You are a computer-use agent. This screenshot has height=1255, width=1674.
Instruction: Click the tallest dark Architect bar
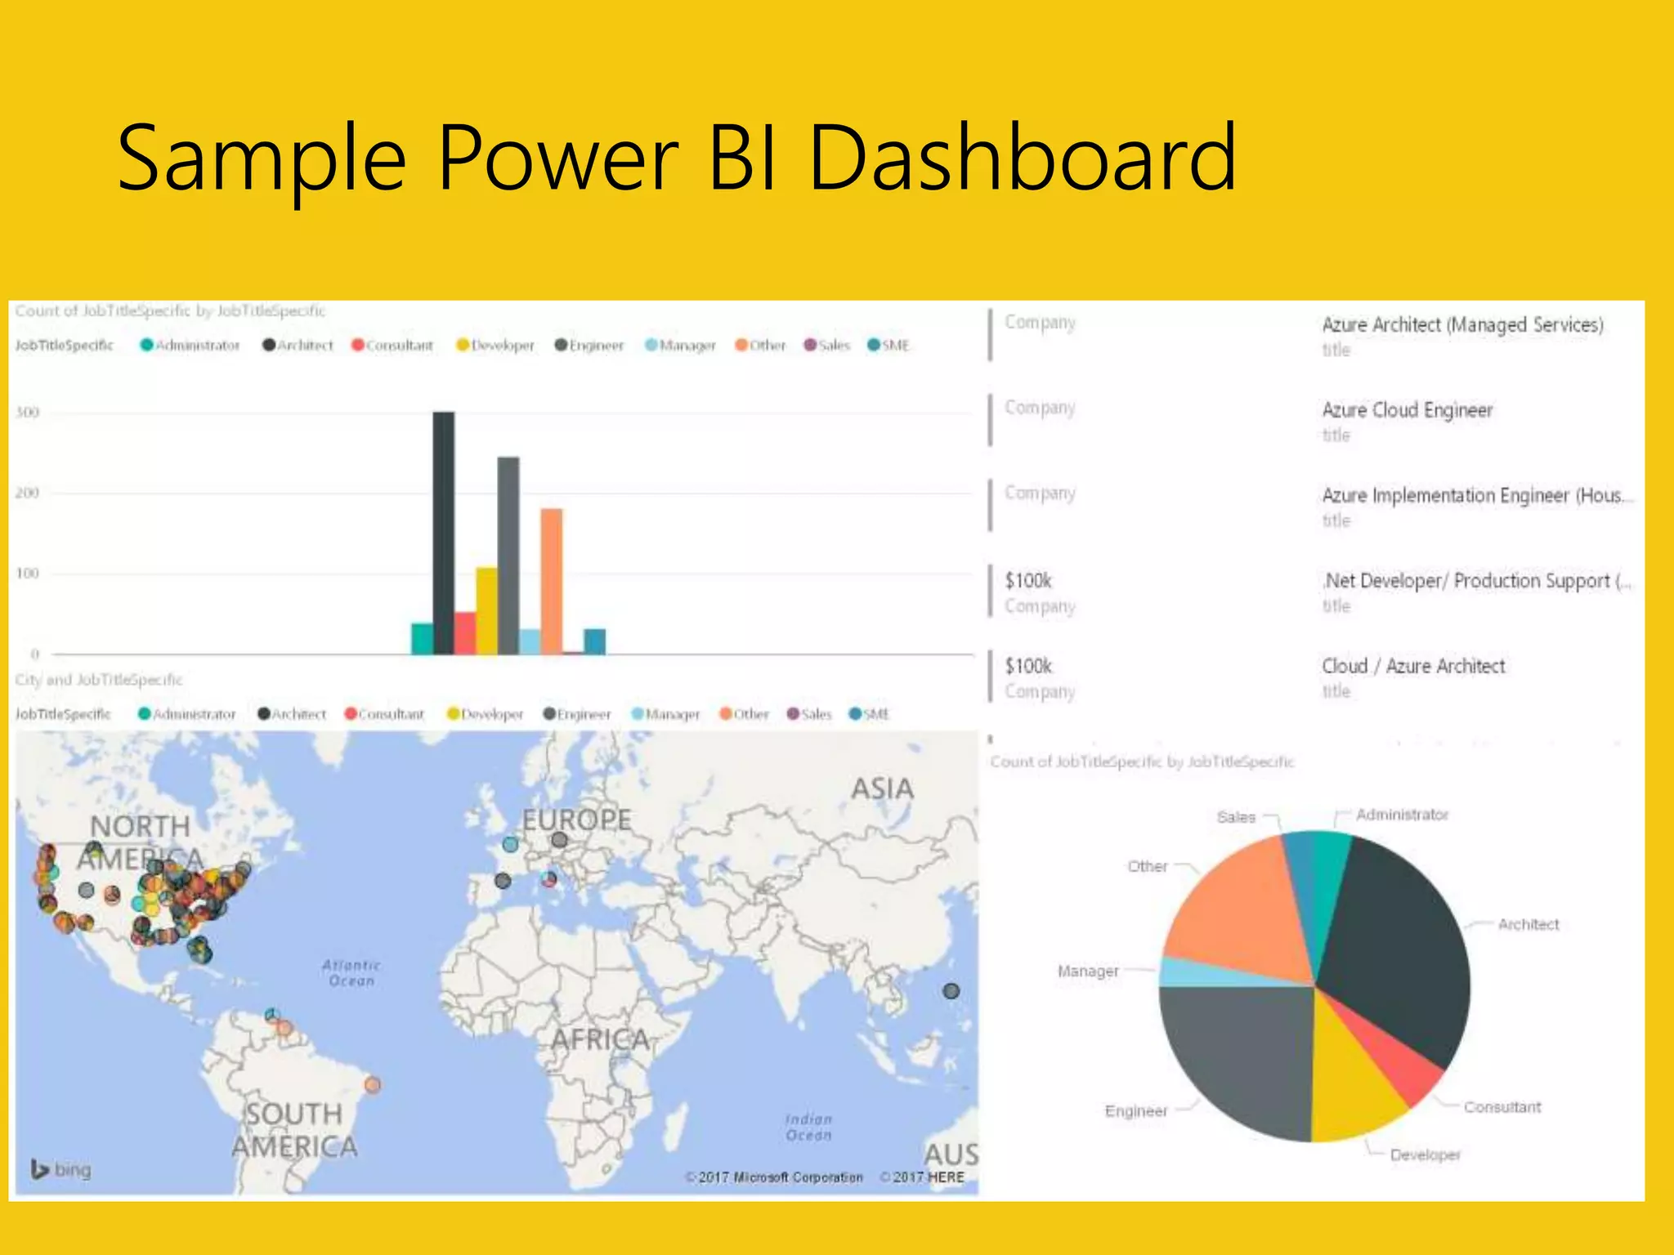pyautogui.click(x=443, y=533)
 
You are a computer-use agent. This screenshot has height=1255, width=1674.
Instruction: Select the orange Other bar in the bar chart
pyautogui.click(x=552, y=581)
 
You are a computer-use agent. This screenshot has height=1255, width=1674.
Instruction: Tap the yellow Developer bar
pyautogui.click(x=486, y=610)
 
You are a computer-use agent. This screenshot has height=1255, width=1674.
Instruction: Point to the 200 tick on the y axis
pyautogui.click(x=28, y=493)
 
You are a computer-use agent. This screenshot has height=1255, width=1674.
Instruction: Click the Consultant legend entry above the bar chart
pyautogui.click(x=392, y=346)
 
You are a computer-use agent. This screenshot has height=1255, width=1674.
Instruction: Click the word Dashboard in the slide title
pyautogui.click(x=1023, y=157)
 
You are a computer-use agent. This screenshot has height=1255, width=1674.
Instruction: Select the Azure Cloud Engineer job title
pyautogui.click(x=1407, y=410)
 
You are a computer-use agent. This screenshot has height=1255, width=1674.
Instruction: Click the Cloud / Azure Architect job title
pyautogui.click(x=1413, y=666)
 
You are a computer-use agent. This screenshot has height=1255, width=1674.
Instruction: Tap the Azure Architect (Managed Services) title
pyautogui.click(x=1462, y=324)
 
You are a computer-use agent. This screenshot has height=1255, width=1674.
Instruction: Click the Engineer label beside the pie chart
pyautogui.click(x=1136, y=1111)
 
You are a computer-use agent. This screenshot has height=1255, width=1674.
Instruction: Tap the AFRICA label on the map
pyautogui.click(x=601, y=1039)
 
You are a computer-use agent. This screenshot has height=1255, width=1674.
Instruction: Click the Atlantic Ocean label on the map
pyautogui.click(x=351, y=973)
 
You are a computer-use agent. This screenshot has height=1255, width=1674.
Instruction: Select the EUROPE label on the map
pyautogui.click(x=576, y=820)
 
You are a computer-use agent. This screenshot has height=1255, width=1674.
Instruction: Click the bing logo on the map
pyautogui.click(x=61, y=1169)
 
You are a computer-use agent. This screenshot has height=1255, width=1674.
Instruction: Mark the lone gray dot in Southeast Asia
pyautogui.click(x=951, y=991)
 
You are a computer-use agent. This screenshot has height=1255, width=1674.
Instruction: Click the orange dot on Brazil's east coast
pyautogui.click(x=373, y=1085)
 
